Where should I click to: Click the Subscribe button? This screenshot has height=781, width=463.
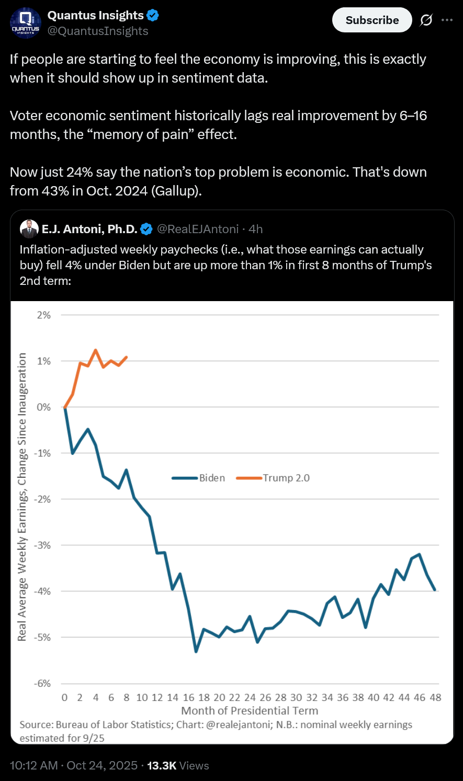click(x=372, y=20)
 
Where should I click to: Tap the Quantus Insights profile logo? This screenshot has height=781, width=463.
click(x=26, y=24)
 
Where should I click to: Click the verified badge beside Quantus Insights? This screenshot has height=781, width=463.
click(x=153, y=16)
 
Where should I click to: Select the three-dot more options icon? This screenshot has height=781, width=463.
click(x=447, y=20)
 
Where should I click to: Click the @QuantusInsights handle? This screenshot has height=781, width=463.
click(x=98, y=31)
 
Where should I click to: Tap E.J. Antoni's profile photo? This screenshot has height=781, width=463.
click(x=29, y=229)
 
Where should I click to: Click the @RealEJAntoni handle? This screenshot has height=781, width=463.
click(x=198, y=229)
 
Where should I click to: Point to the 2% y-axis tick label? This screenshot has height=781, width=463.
click(x=44, y=315)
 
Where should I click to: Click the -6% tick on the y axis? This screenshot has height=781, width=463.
click(x=43, y=683)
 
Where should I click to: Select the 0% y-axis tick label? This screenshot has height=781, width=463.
click(x=44, y=407)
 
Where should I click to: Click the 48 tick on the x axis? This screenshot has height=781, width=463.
click(x=435, y=697)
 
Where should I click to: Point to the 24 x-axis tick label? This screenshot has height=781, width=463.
click(x=250, y=697)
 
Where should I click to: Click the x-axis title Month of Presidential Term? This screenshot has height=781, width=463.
click(x=250, y=711)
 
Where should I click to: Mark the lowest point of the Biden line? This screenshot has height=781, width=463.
click(x=196, y=651)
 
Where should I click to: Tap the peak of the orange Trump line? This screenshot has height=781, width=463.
click(x=96, y=350)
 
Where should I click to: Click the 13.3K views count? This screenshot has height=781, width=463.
click(x=162, y=766)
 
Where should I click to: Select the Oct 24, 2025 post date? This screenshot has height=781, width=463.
click(x=102, y=766)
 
